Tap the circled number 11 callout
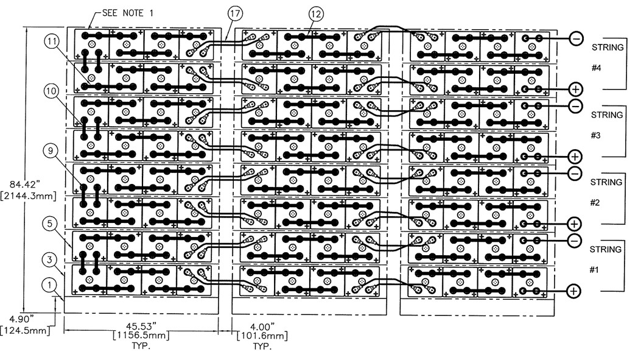52,41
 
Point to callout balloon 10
52,91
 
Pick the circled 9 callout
52,149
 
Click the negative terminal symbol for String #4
575,38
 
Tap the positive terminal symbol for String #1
573,291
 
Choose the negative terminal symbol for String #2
574,174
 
